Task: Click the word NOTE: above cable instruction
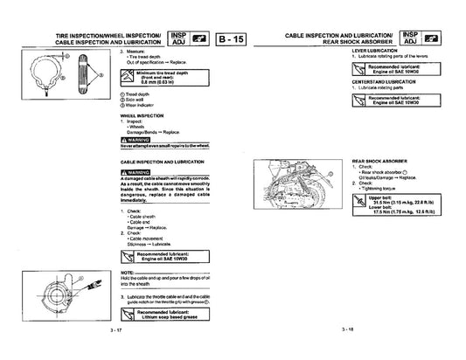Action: (x=126, y=273)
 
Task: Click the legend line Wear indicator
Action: (x=141, y=104)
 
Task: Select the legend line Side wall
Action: (x=136, y=99)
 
